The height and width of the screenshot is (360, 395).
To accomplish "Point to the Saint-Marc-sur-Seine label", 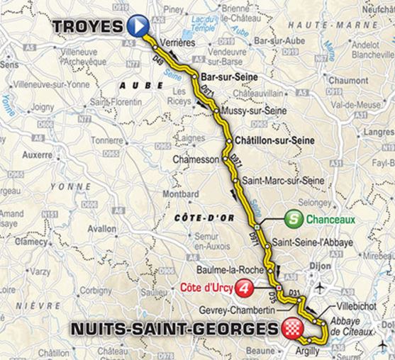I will click(283, 181).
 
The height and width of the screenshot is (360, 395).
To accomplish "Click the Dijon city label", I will click(321, 269).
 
